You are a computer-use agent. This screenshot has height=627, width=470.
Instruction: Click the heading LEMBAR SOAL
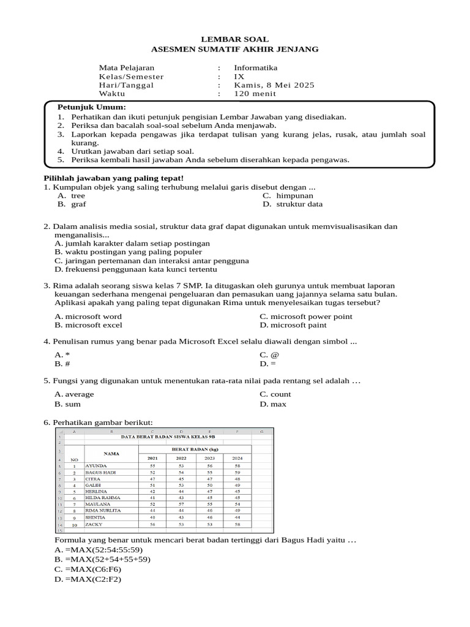pyautogui.click(x=235, y=39)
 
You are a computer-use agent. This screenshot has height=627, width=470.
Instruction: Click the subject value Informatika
pyautogui.click(x=255, y=67)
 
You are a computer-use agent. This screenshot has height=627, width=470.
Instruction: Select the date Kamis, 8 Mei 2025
pyautogui.click(x=274, y=85)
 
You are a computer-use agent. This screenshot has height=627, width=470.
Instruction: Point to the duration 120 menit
pyautogui.click(x=254, y=94)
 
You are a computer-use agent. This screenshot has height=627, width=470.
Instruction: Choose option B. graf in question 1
pyautogui.click(x=72, y=205)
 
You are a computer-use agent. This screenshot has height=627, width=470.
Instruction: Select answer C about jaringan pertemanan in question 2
pyautogui.click(x=151, y=260)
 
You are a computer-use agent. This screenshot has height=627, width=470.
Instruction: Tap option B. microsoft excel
pyautogui.click(x=89, y=326)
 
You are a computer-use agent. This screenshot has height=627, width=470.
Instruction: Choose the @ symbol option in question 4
pyautogui.click(x=264, y=355)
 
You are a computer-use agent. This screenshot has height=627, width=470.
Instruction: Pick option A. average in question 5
pyautogui.click(x=74, y=394)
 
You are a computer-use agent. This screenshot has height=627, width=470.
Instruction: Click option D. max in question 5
pyautogui.click(x=273, y=404)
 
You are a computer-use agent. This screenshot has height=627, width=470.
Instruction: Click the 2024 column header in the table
pyautogui.click(x=237, y=458)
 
